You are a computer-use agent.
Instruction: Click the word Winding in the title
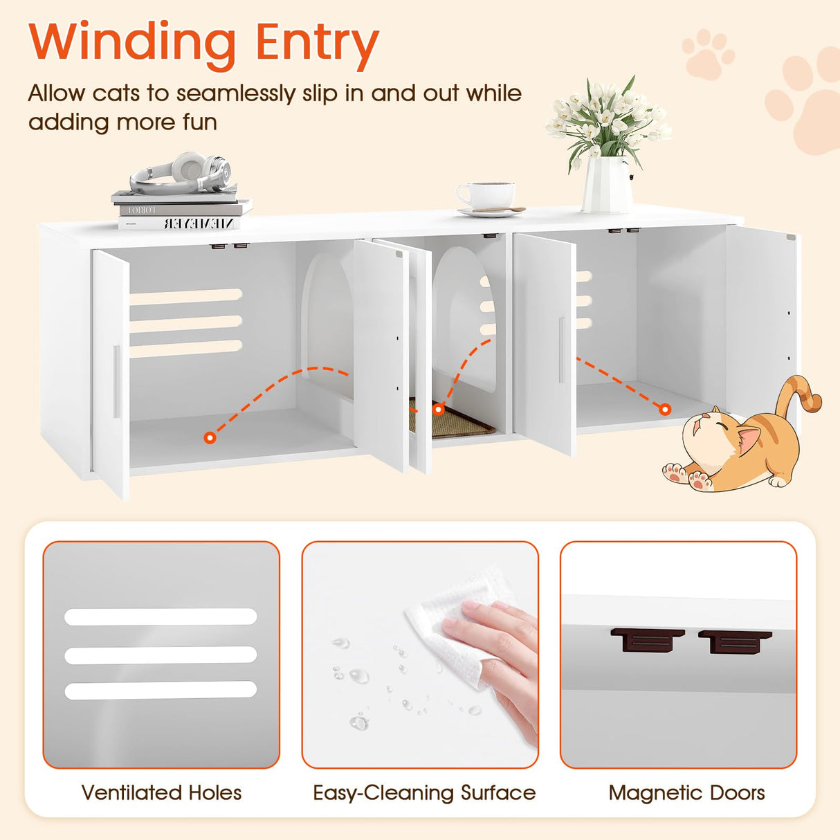click(x=132, y=44)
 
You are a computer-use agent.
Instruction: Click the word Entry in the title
click(x=317, y=44)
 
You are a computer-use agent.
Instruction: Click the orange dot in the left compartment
click(x=210, y=437)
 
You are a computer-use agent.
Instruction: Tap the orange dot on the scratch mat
click(x=438, y=410)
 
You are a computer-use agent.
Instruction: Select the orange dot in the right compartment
click(x=665, y=410)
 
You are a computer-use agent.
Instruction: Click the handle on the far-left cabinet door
click(x=116, y=381)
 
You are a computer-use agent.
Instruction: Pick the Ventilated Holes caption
click(x=161, y=792)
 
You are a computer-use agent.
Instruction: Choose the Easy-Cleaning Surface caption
click(x=424, y=792)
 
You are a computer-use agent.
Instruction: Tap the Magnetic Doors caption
click(x=686, y=792)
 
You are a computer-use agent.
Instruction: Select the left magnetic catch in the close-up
click(x=647, y=640)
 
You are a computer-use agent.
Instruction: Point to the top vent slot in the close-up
click(x=161, y=617)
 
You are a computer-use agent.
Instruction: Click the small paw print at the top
click(x=707, y=53)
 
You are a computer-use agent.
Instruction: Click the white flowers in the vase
click(x=607, y=118)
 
